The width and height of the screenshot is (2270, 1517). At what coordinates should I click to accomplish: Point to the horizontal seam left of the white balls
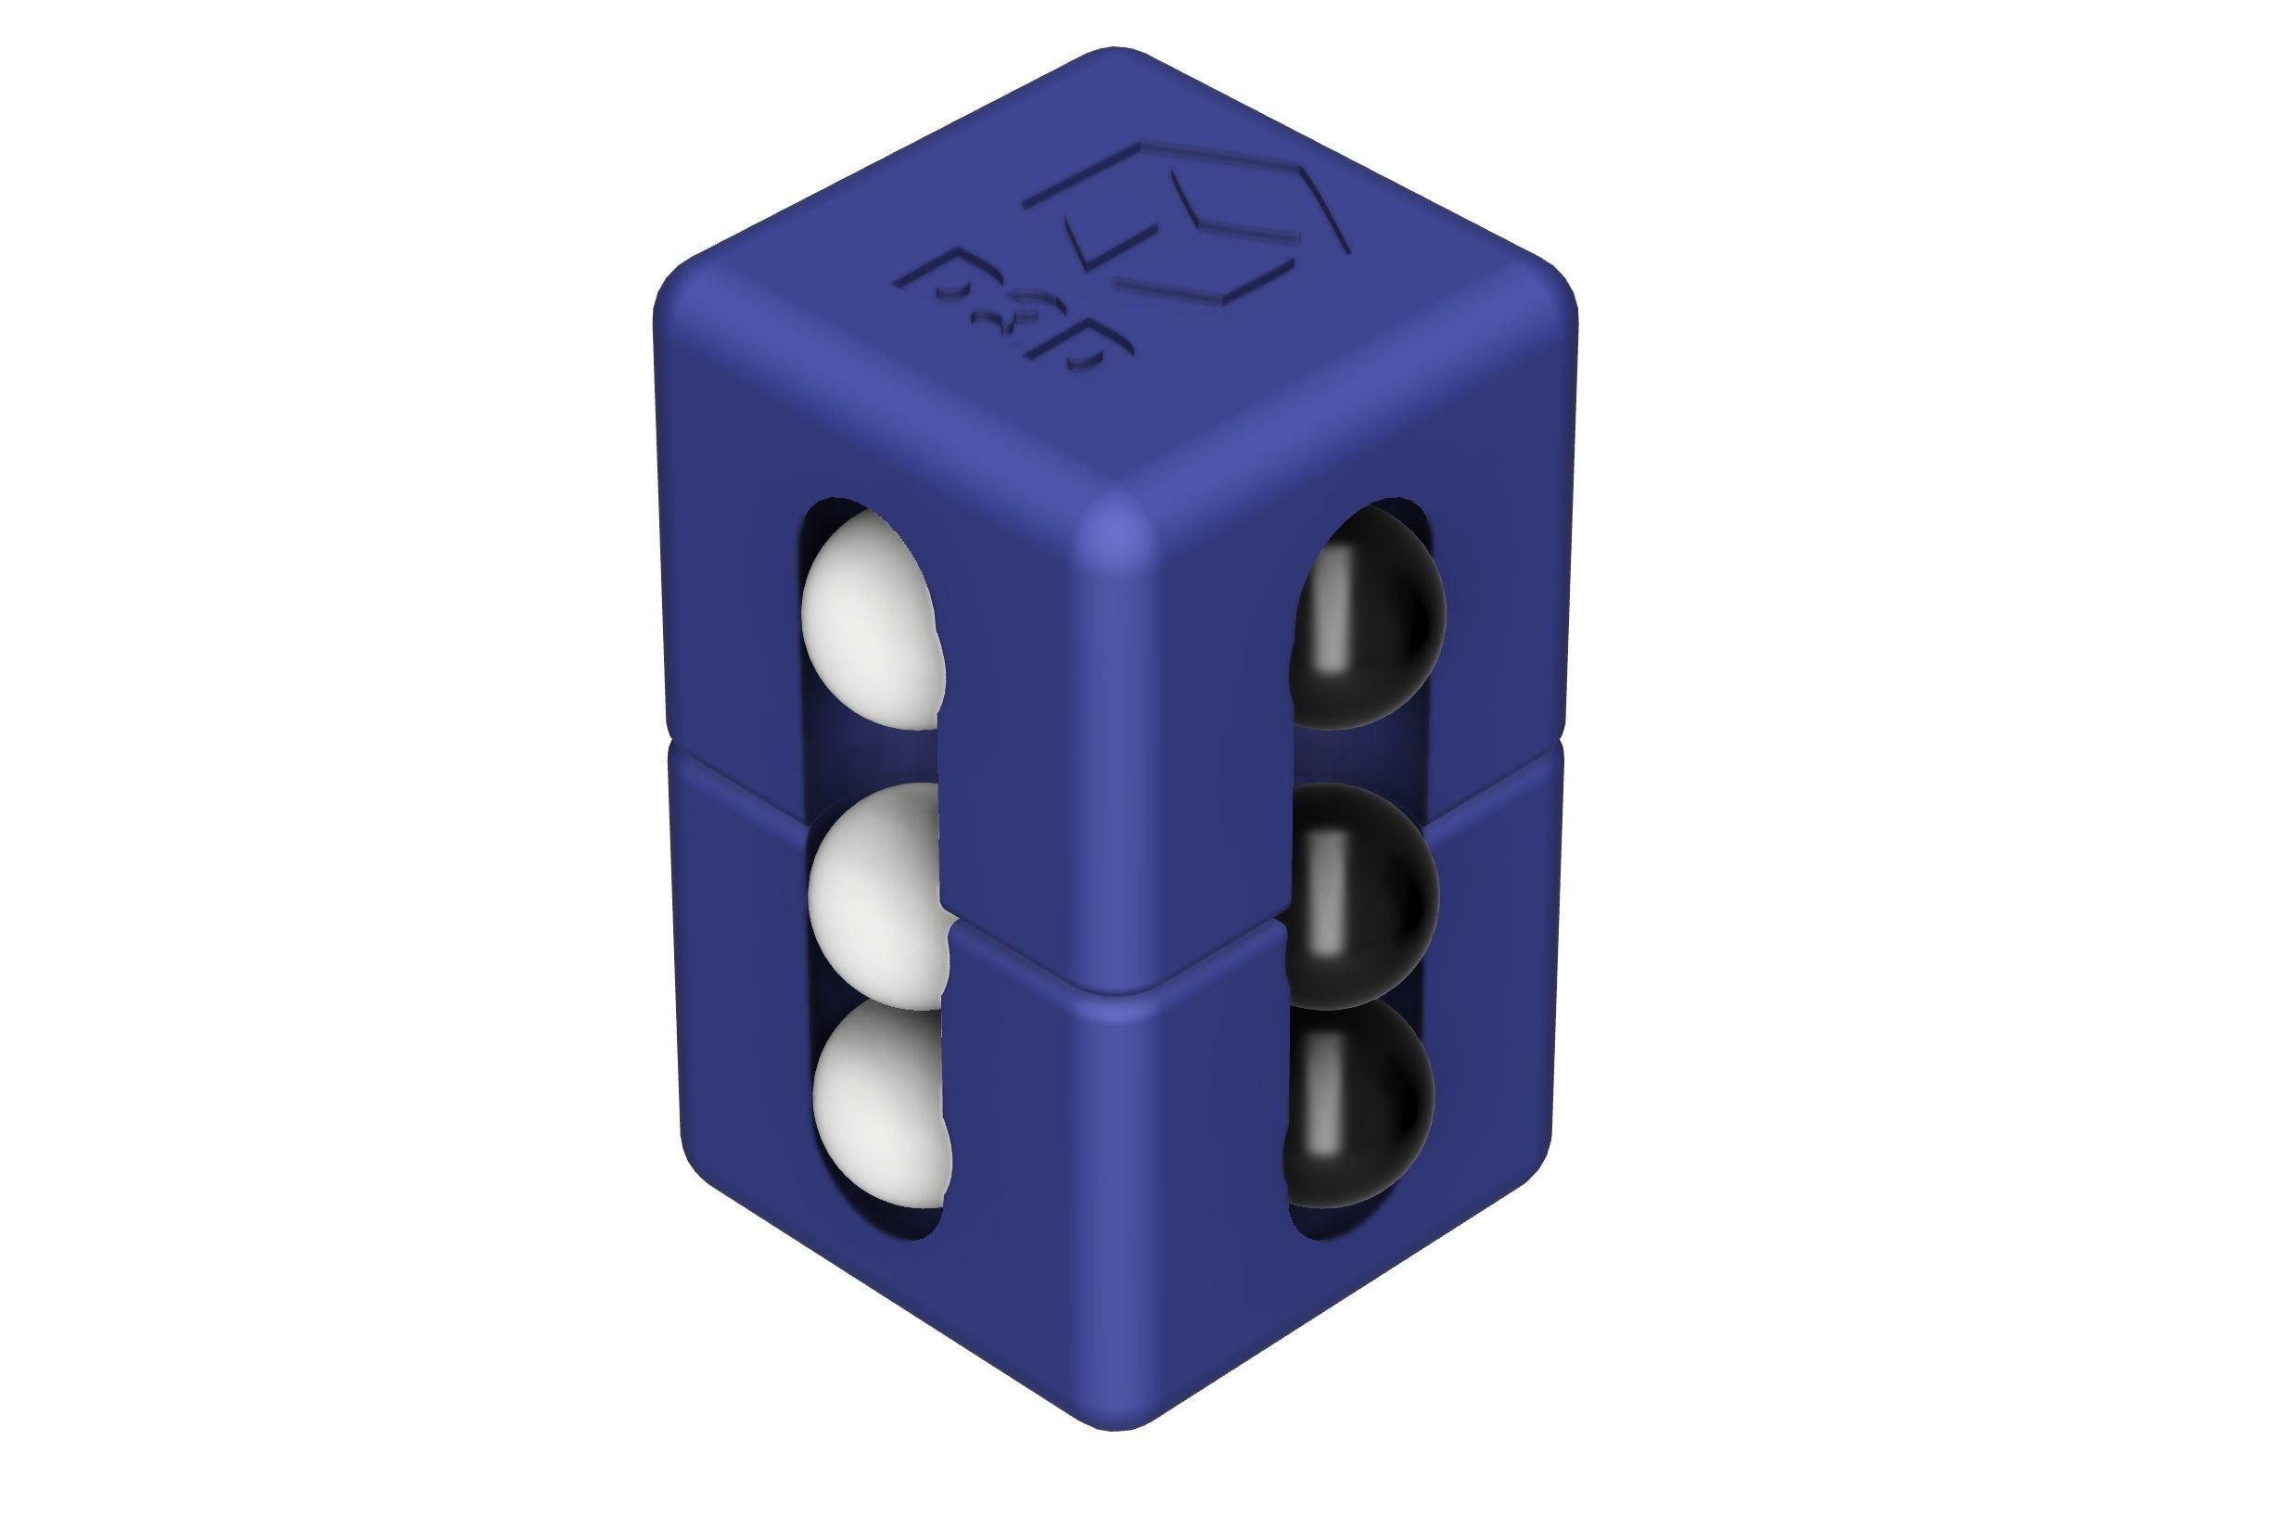[735, 775]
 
